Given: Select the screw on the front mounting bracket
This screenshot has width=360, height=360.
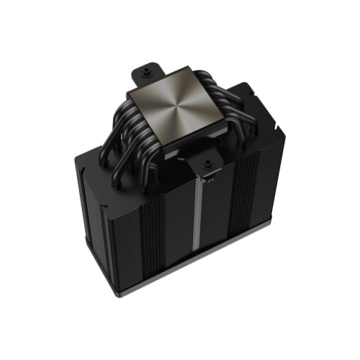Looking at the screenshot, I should (x=207, y=165).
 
